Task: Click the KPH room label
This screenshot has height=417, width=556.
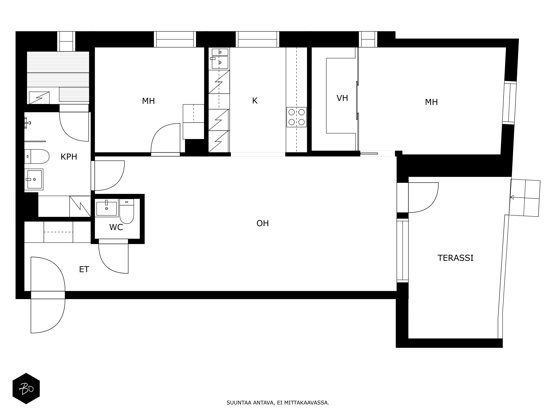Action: pos(69,157)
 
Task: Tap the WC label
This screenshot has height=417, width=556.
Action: pos(116,227)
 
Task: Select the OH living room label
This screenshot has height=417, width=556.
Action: pos(263,224)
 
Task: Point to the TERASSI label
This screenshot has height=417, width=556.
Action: pos(456,258)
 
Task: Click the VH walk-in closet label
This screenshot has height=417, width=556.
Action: pos(342,98)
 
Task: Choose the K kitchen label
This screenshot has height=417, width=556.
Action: pos(255,101)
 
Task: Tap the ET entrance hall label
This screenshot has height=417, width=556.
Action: pos(84,270)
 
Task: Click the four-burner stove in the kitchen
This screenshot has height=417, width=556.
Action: pos(297,117)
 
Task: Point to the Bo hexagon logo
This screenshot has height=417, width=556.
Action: pos(26,389)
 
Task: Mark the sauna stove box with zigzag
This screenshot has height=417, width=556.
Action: pos(39,98)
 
